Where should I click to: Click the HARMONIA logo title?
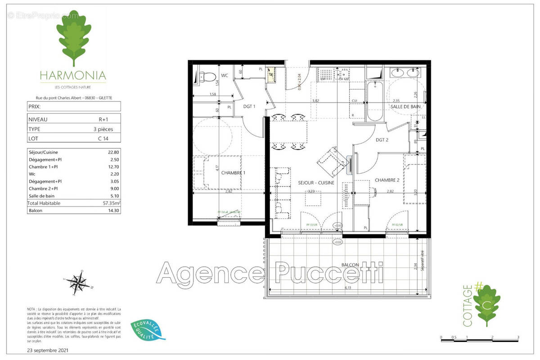click(72, 75)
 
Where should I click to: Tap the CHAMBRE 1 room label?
click(233, 173)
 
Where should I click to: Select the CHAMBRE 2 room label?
click(387, 180)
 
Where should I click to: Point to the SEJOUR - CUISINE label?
click(316, 183)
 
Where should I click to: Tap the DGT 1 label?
click(250, 107)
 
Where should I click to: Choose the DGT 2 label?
click(382, 139)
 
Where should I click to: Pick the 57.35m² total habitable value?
click(110, 203)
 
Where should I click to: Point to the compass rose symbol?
click(79, 283)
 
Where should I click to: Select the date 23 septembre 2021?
click(48, 350)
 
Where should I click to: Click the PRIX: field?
click(74, 107)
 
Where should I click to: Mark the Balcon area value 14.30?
click(111, 211)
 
